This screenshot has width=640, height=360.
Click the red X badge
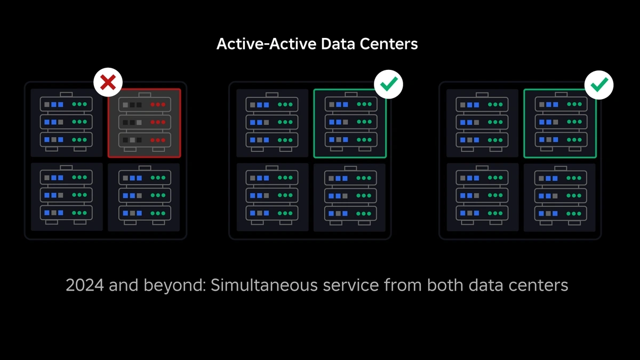(x=108, y=82)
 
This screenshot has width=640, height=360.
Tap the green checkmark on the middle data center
(x=388, y=84)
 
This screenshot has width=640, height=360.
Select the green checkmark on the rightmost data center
(x=599, y=84)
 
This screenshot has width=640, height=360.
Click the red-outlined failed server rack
(x=145, y=123)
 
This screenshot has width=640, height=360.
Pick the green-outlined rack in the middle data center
(x=350, y=123)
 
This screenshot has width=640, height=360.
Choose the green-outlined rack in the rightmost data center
(x=560, y=123)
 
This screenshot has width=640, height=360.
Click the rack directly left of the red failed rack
(x=67, y=123)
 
